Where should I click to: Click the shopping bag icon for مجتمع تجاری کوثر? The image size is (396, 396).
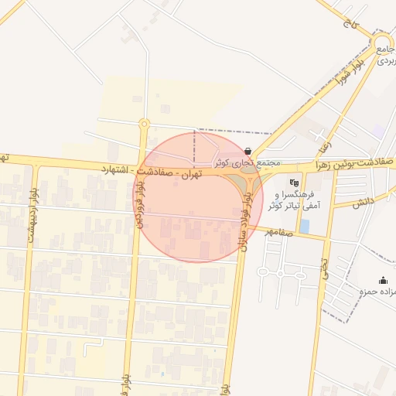pos(247,152)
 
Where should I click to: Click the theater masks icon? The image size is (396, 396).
pos(293,183)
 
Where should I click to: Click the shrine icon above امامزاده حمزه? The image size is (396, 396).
pos(383,281)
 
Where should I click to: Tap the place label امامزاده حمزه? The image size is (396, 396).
pos(374,292)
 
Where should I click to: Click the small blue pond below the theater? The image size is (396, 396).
pos(304,226)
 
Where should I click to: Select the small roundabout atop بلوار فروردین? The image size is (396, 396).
pos(144,123)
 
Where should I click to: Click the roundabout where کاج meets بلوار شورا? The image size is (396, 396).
pos(381,43)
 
